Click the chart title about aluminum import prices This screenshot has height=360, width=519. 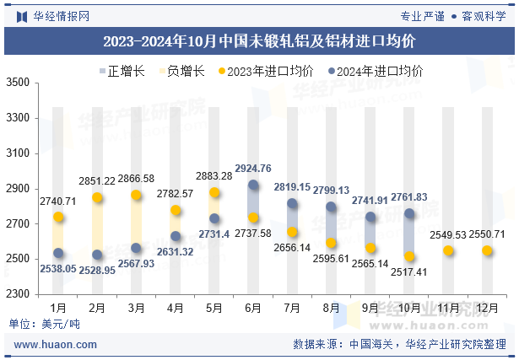[x=259, y=40]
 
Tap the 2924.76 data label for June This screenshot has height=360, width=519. [x=254, y=168]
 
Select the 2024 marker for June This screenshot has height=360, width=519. [x=254, y=185]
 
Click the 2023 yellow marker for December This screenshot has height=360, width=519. [x=488, y=250]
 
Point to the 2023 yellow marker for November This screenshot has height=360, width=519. [x=449, y=250]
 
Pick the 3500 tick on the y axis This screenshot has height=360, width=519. [x=17, y=83]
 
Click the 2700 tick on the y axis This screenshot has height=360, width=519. [x=17, y=224]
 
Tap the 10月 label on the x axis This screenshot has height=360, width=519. [x=409, y=309]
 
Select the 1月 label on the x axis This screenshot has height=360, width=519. [x=58, y=309]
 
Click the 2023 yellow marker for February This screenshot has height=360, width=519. [x=98, y=197]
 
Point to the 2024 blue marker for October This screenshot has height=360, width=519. [x=410, y=213]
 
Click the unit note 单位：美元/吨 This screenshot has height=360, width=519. [x=44, y=325]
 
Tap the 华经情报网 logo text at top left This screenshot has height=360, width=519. [x=52, y=14]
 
